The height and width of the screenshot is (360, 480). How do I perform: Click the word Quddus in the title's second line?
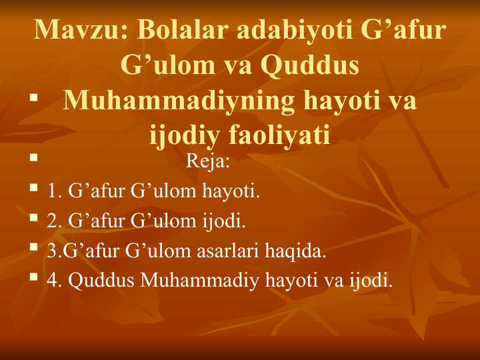311,67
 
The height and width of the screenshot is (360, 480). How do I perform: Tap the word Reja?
208,161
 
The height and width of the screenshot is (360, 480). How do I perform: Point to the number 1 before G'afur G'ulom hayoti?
52,192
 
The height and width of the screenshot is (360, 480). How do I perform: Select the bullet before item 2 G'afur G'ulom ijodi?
33,219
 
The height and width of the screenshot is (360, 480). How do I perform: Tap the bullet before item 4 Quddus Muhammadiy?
33,277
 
